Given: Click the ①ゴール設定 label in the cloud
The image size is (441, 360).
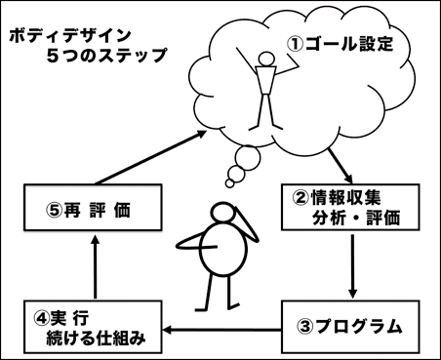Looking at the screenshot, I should (x=342, y=45).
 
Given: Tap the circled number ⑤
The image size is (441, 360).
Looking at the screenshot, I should (x=55, y=208).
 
